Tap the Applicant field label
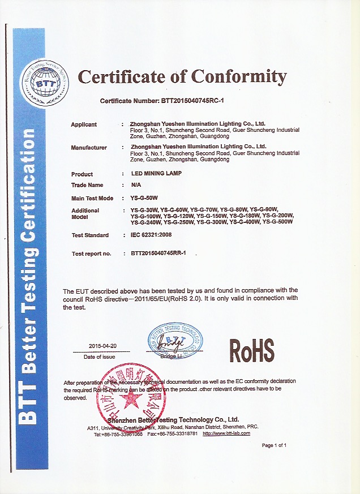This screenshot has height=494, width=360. [x=84, y=124]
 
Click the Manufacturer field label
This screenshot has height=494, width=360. [x=89, y=148]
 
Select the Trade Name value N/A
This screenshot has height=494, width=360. [x=136, y=185]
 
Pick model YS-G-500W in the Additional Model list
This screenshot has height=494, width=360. [x=277, y=222]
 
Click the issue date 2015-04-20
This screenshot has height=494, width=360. [x=102, y=346]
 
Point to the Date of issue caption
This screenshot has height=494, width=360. [x=100, y=356]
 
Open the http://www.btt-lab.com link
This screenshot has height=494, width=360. [x=226, y=433]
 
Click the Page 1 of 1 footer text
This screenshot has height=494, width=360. [x=274, y=445]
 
